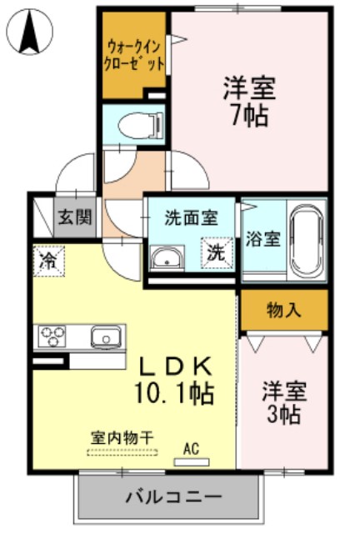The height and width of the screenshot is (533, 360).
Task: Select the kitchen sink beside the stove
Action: (x=107, y=337)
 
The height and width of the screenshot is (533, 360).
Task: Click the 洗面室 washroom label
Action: (x=190, y=218)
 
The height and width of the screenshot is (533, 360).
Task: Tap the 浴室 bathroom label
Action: (x=263, y=237)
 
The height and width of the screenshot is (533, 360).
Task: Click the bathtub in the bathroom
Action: (x=306, y=240)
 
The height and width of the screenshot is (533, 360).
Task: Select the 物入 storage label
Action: (x=283, y=311)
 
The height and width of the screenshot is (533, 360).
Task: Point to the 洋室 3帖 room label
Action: (x=283, y=401)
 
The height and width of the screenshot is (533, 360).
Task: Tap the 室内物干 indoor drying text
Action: (x=122, y=436)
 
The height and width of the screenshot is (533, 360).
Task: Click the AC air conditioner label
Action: (x=192, y=449)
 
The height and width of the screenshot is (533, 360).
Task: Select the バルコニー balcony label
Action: (x=174, y=497)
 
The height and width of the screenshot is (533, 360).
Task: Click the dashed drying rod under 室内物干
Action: (x=122, y=452)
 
